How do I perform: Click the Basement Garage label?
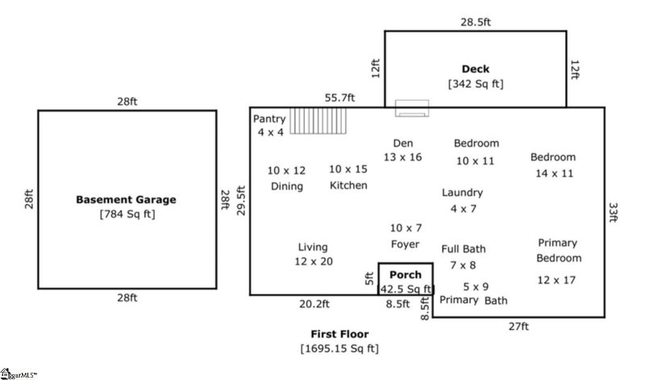point(126,199)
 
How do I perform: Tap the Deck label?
point(476,69)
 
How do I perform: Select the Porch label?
point(406,274)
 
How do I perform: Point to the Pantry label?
point(269,119)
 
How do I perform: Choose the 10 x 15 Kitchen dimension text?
point(348,169)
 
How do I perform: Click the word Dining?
point(287,186)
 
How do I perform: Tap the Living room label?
point(313,247)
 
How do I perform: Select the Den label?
point(402,142)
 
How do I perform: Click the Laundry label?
point(462,193)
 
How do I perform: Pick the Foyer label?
point(406,243)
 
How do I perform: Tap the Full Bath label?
point(463,248)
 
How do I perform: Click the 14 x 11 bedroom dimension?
point(553,173)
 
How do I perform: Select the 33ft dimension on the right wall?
point(614,211)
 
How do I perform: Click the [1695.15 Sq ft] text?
point(339,349)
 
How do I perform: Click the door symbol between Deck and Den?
point(411,107)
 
